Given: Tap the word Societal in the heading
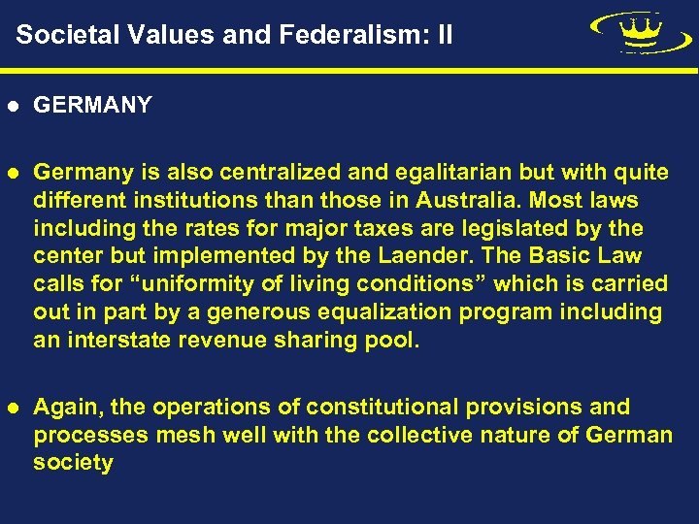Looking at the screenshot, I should click(x=64, y=36).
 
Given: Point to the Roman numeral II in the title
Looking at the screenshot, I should click(x=444, y=36).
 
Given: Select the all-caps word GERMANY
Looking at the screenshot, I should click(x=92, y=105).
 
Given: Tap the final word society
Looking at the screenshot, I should click(x=73, y=463).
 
